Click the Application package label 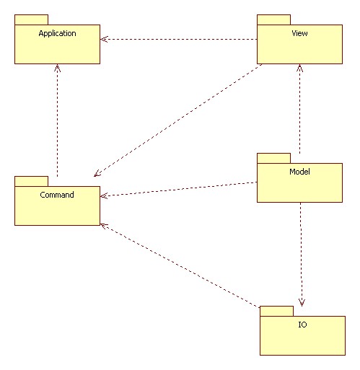[x=57, y=33]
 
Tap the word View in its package [x=299, y=33]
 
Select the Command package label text [x=57, y=195]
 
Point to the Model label [x=299, y=172]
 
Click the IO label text [x=302, y=325]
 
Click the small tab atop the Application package [x=31, y=19]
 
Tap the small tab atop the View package [x=273, y=19]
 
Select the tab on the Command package [x=31, y=181]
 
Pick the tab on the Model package [x=273, y=158]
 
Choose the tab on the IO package [x=276, y=311]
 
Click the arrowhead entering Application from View [x=103, y=39]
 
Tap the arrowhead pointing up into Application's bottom [x=57, y=68]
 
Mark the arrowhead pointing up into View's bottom [x=299, y=68]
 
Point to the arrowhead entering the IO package [x=302, y=303]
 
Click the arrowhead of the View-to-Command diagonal [x=97, y=174]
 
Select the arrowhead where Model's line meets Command [x=104, y=195]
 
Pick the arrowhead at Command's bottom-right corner [x=104, y=226]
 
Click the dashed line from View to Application [x=179, y=39]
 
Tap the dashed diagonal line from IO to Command [x=180, y=265]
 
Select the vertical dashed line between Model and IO [x=301, y=255]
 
